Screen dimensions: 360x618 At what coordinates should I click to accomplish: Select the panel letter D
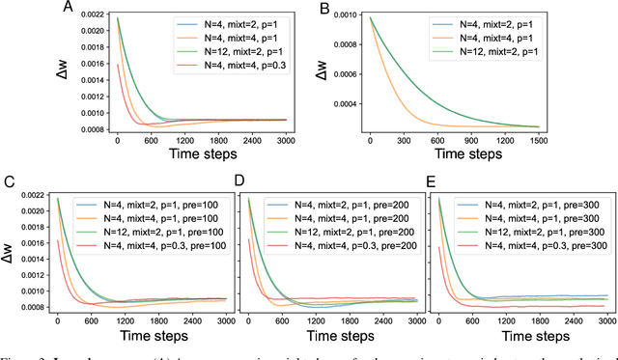(x=229, y=182)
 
